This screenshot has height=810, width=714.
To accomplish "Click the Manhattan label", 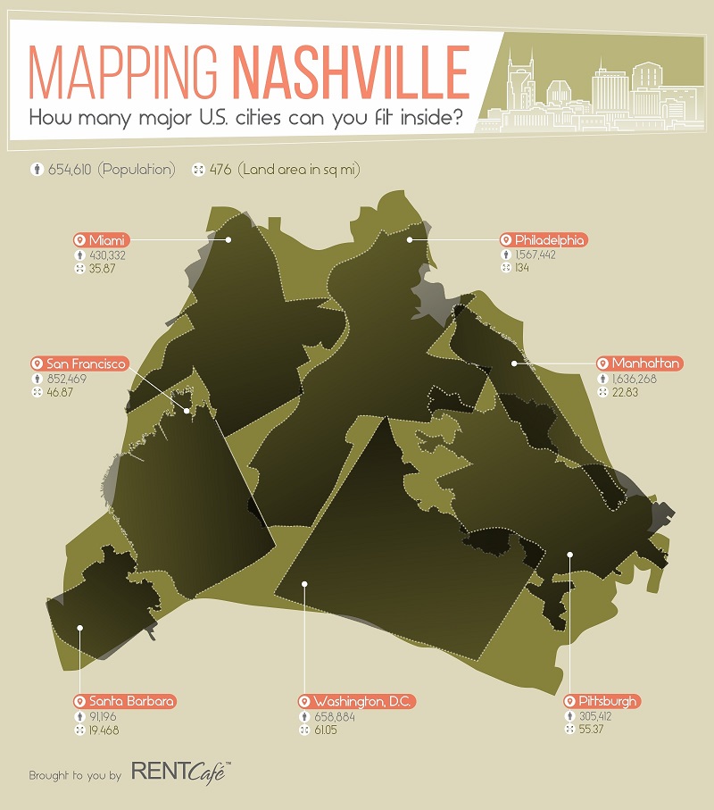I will tap(640, 363).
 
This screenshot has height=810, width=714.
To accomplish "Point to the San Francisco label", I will tap(79, 363).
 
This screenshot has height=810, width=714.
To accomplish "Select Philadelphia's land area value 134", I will tap(521, 268).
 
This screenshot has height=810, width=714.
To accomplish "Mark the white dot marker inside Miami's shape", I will tap(228, 239).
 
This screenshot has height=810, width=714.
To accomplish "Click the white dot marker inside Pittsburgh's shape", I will tap(570, 555).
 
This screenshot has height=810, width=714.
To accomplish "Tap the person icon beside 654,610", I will tap(37, 170).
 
